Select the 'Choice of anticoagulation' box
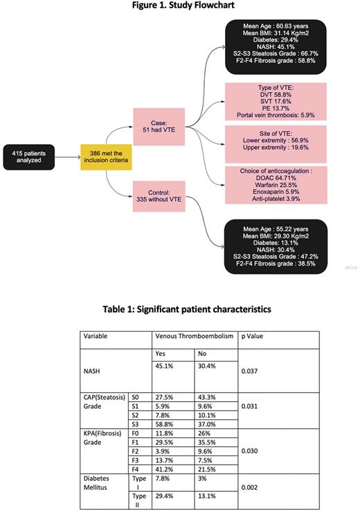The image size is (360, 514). (x=276, y=184)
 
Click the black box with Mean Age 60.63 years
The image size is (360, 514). (x=276, y=47)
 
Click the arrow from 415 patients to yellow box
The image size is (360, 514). (x=68, y=156)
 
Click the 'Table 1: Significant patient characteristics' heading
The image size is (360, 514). (x=180, y=309)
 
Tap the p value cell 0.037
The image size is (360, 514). (x=250, y=371)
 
